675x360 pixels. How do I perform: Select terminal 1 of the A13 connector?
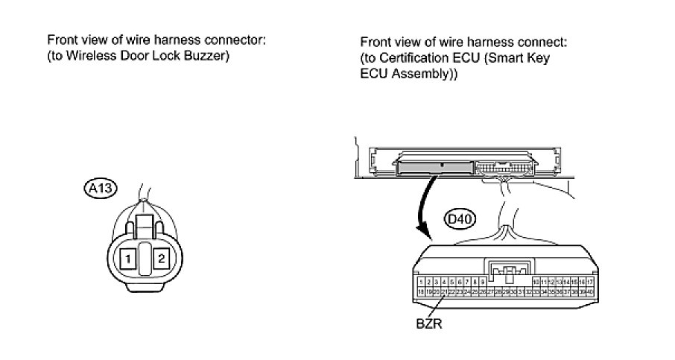129,259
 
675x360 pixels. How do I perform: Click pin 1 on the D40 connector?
422,282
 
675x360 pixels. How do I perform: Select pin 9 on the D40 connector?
483,282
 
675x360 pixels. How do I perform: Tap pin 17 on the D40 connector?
590,282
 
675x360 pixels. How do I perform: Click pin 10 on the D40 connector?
536,282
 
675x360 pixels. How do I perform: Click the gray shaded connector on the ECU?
437,165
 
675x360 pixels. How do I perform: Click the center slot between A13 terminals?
145,259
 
